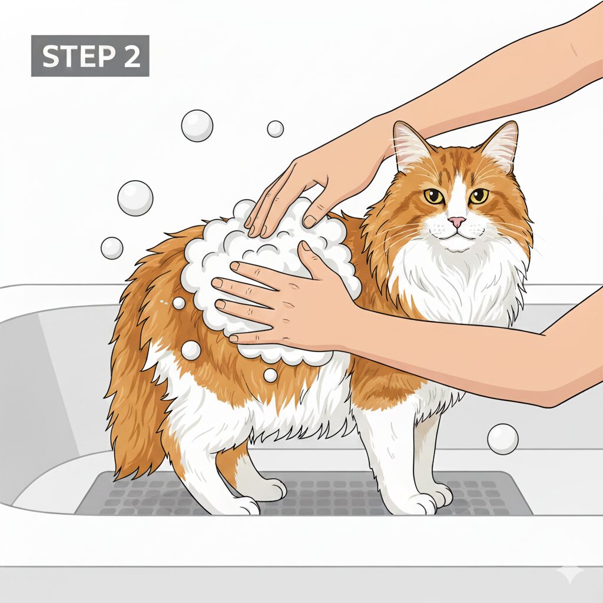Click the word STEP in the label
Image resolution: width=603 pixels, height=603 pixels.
(x=77, y=56)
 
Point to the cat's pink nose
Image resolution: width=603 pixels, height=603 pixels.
(x=457, y=221)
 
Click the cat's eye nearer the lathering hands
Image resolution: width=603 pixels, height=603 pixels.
(x=434, y=196)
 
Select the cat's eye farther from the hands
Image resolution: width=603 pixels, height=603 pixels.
(x=479, y=196)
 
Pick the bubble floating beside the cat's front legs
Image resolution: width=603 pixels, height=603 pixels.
(x=503, y=439)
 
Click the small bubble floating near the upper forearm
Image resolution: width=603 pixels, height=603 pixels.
(x=276, y=129)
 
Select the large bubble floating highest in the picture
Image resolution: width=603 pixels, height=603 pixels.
(x=197, y=126)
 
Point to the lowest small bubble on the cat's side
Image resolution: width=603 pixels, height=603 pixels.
(x=270, y=375)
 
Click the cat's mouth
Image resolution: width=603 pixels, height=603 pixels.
(x=456, y=234)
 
